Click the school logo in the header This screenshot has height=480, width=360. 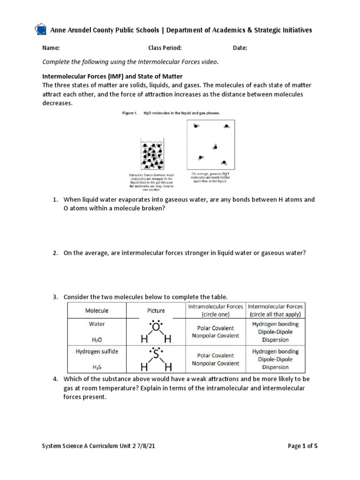point(41,30)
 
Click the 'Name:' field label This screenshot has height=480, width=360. point(51,48)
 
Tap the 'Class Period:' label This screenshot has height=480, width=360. point(165,48)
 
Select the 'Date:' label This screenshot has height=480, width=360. point(240,48)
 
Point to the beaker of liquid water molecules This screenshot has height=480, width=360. point(152,154)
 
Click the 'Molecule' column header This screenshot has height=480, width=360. point(97,310)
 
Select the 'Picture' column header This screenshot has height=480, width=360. point(156,310)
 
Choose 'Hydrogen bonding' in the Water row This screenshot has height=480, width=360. point(275,324)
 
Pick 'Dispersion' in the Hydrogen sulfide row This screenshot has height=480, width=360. point(275,367)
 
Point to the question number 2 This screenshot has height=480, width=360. point(55,253)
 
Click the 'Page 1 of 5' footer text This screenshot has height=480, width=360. point(302,446)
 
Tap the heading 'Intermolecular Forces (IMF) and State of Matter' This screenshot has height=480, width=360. point(112,76)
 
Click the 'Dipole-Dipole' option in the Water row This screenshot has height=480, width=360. point(275,332)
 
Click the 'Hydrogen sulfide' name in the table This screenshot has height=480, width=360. point(97,351)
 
